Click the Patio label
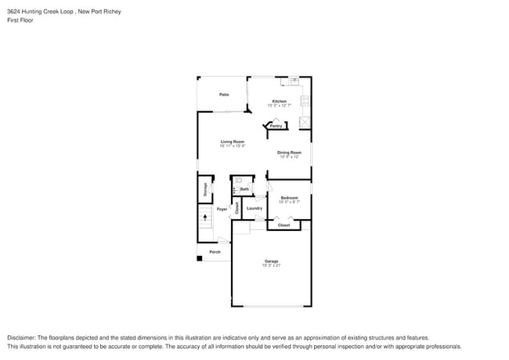pyautogui.click(x=224, y=95)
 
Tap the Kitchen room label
pyautogui.click(x=280, y=101)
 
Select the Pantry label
pyautogui.click(x=276, y=125)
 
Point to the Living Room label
pyautogui.click(x=232, y=142)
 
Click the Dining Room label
pyautogui.click(x=289, y=153)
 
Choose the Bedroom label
pyautogui.click(x=290, y=198)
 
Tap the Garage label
pyautogui.click(x=271, y=261)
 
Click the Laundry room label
pyautogui.click(x=254, y=208)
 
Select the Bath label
pyautogui.click(x=244, y=189)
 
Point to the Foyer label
pyautogui.click(x=222, y=210)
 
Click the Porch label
pyautogui.click(x=215, y=252)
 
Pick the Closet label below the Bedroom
pyautogui.click(x=283, y=225)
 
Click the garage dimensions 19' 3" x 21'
pyautogui.click(x=271, y=265)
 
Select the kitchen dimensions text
pyautogui.click(x=280, y=106)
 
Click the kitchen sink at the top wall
pyautogui.click(x=295, y=81)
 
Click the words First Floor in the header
pyautogui.click(x=19, y=20)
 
